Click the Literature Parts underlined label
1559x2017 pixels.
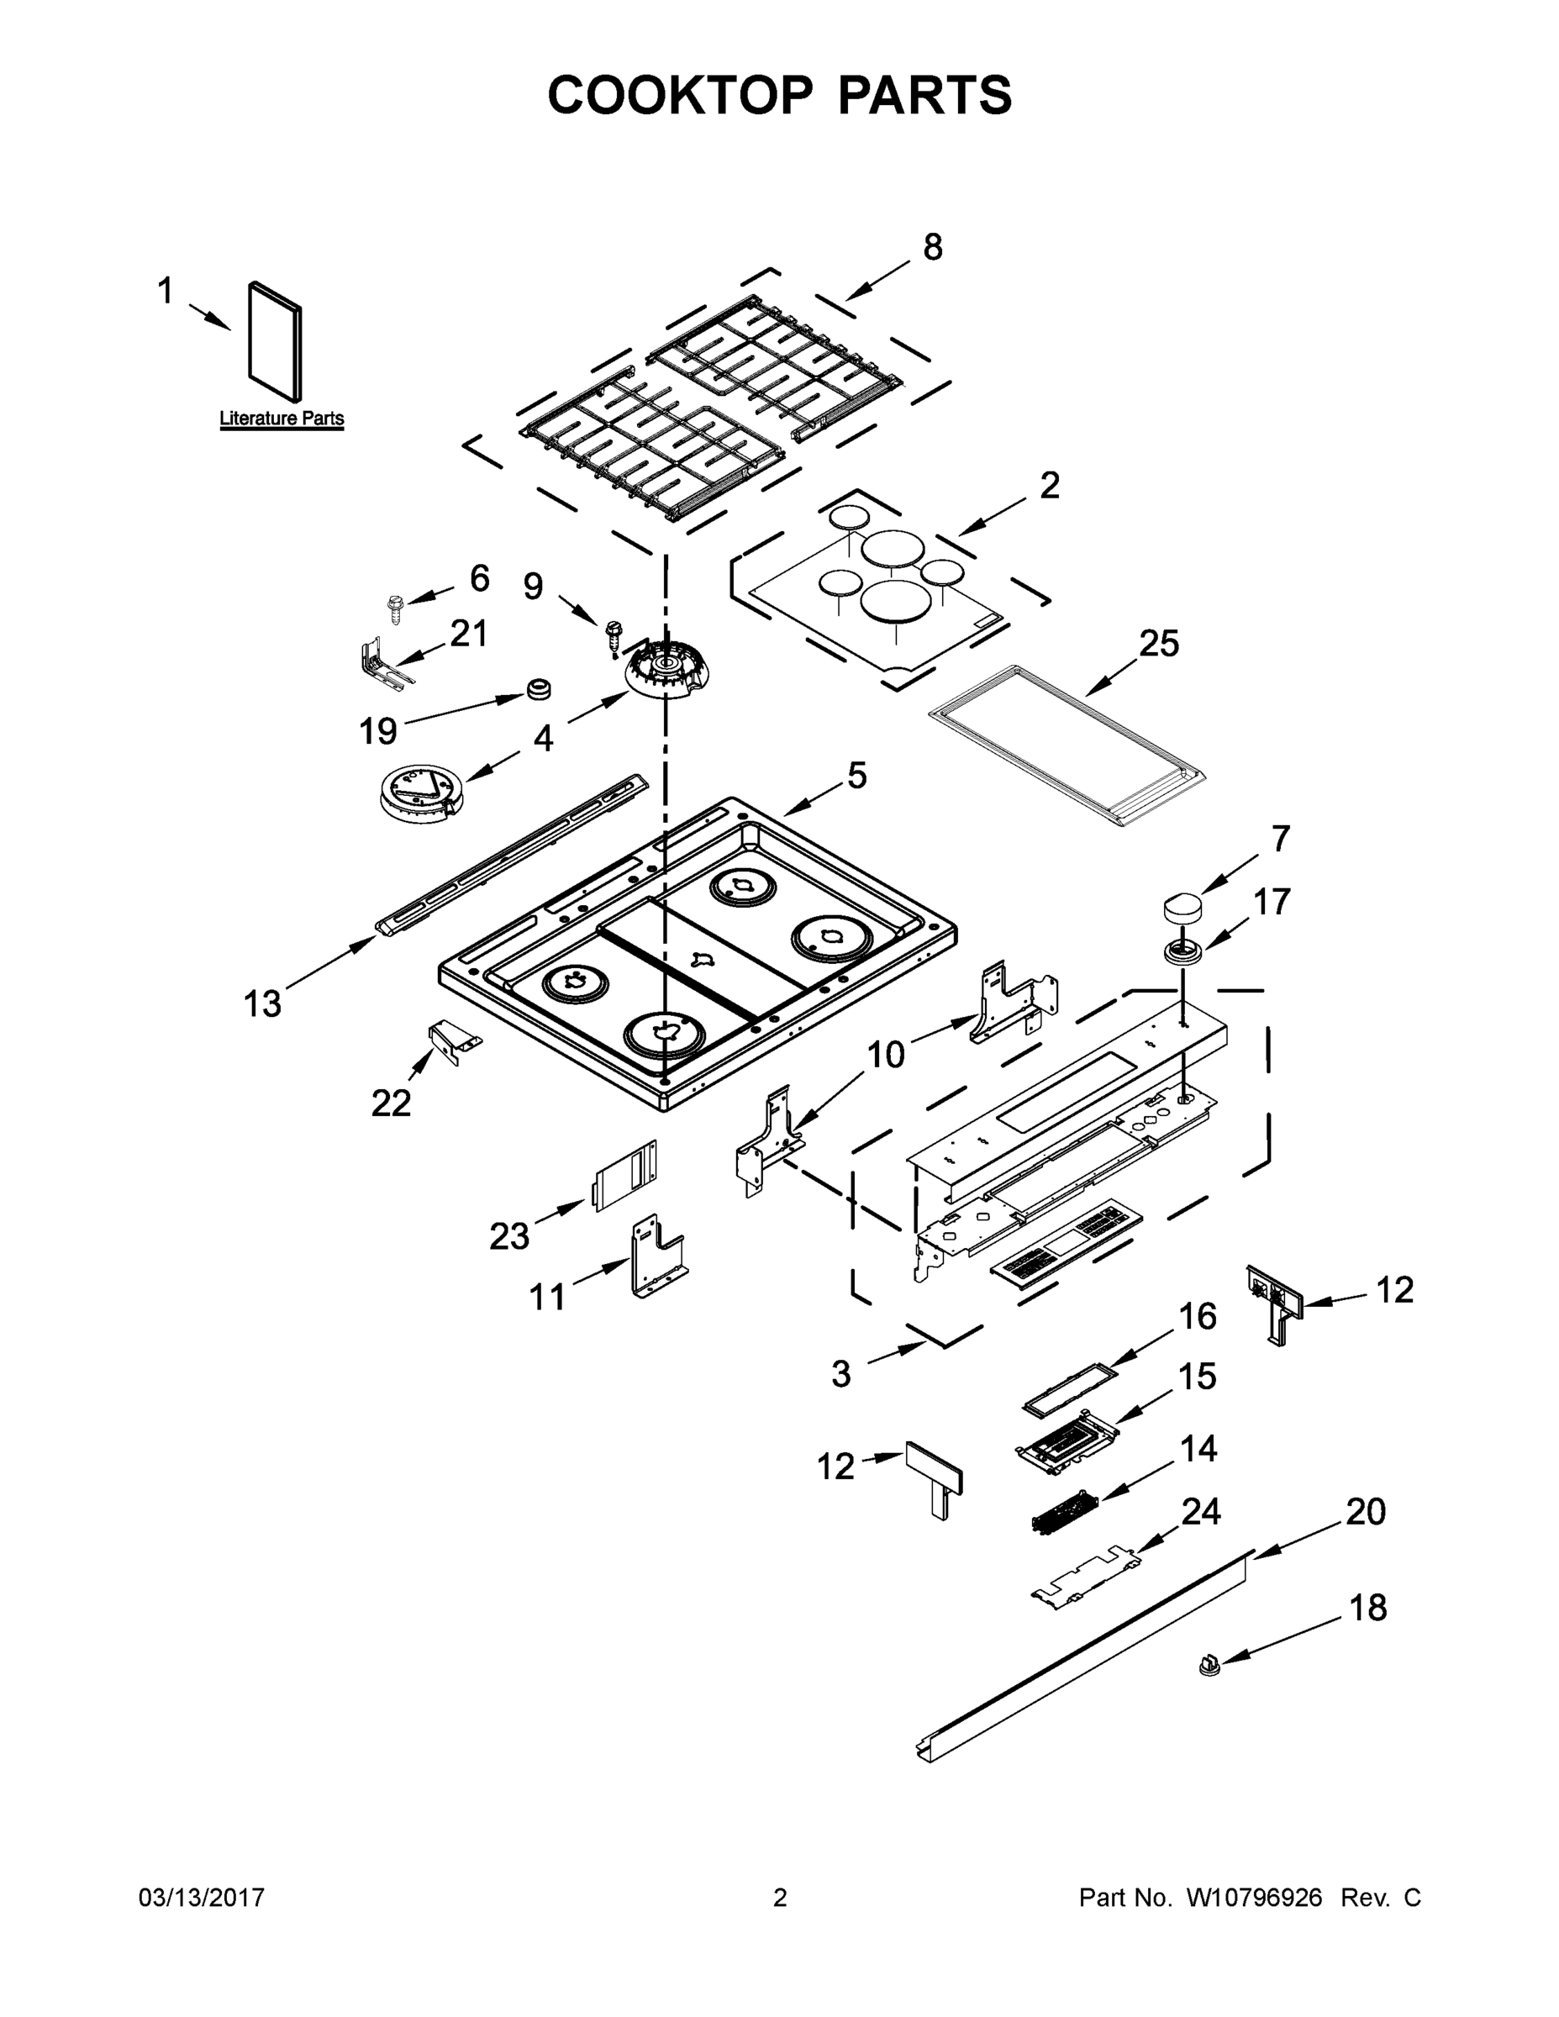282,419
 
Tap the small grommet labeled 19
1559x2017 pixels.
538,688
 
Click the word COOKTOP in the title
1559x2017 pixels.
681,95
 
